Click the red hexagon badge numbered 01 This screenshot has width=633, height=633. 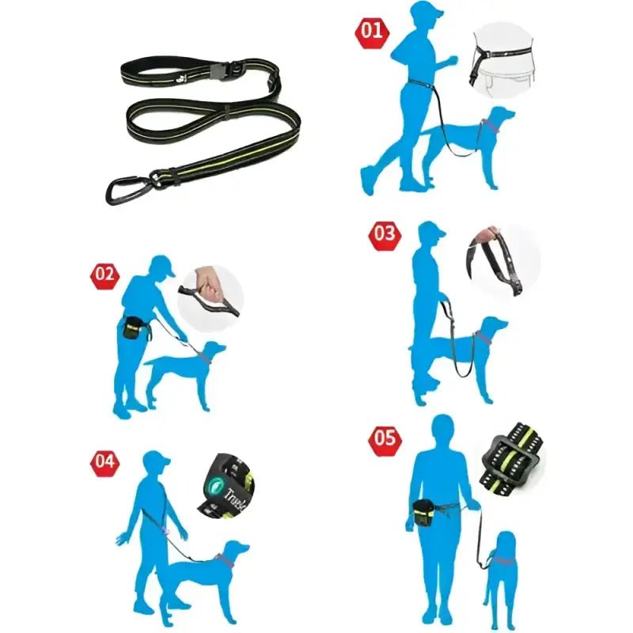point(372,32)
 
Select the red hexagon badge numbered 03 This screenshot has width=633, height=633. point(385,234)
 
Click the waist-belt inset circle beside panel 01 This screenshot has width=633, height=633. point(506,59)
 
